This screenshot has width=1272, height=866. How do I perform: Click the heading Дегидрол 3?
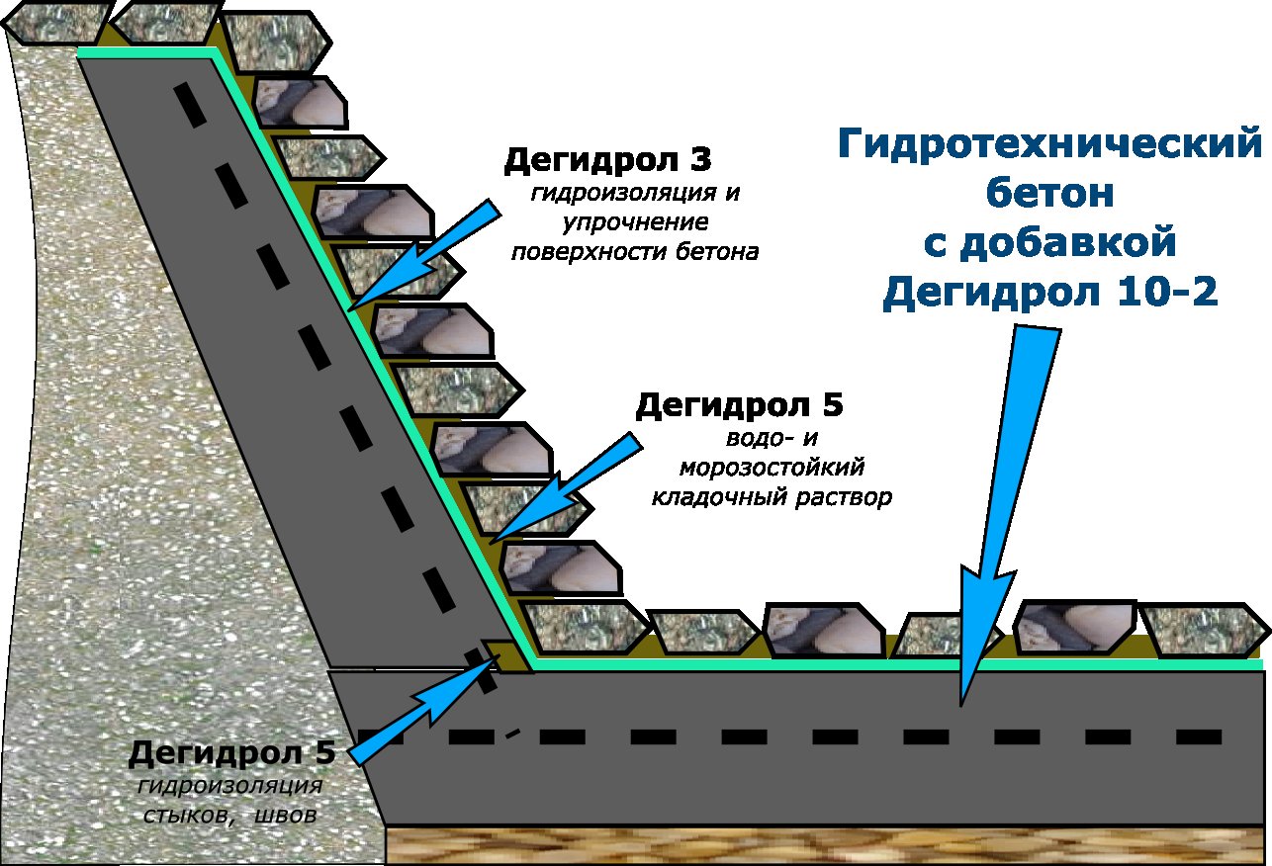[x=607, y=160]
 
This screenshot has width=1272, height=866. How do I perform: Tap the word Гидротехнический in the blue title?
[x=1049, y=143]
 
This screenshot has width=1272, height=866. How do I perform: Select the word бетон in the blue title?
[x=1049, y=193]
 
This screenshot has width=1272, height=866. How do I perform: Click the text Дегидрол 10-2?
[x=1050, y=292]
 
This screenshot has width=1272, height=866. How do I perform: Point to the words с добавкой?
[x=1049, y=243]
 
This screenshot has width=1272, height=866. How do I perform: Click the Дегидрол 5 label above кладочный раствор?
[x=739, y=405]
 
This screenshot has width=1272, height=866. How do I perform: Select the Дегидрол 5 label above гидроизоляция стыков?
[x=231, y=753]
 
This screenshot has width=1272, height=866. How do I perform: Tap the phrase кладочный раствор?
[x=772, y=497]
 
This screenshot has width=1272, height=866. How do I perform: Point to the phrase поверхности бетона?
[x=635, y=251]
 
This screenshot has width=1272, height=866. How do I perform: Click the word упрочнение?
[x=635, y=221]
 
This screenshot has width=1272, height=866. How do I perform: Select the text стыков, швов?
[x=229, y=816]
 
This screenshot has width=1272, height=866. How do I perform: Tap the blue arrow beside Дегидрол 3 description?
[x=424, y=255]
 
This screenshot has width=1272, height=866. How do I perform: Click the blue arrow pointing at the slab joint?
[x=424, y=710]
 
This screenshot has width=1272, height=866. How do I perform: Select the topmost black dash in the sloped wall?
[x=190, y=105]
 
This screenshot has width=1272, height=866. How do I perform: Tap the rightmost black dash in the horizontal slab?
[x=1199, y=736]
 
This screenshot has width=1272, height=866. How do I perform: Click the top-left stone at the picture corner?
[x=56, y=22]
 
